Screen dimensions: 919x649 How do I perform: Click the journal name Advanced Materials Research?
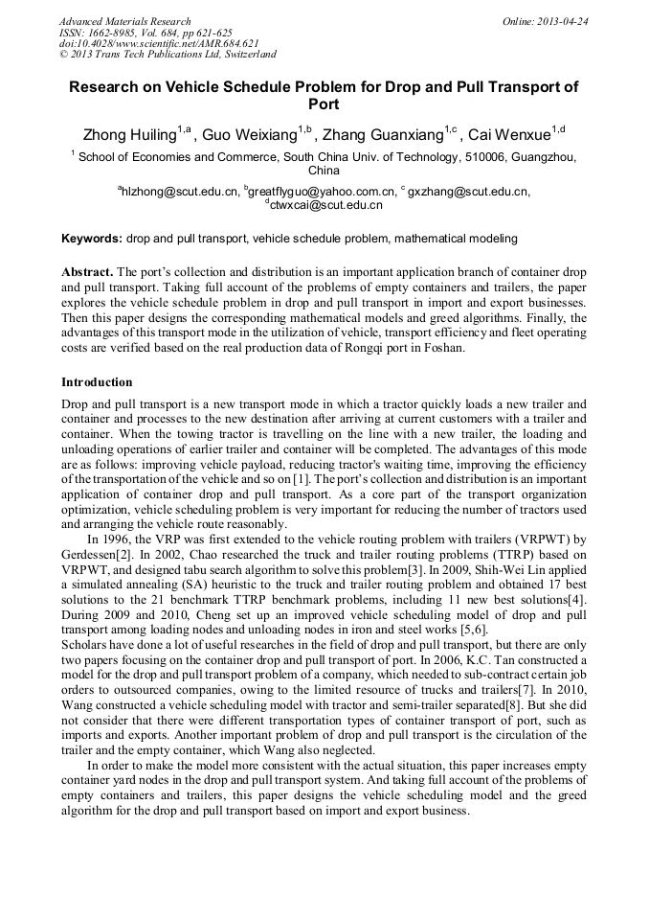click(x=124, y=21)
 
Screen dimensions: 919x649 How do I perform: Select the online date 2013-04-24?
click(x=546, y=21)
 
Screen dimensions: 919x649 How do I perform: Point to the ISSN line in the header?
click(x=145, y=33)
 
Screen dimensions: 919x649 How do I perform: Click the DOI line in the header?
click(x=159, y=44)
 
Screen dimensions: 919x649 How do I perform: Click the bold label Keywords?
click(x=92, y=238)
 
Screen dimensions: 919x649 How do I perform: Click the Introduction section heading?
click(x=97, y=382)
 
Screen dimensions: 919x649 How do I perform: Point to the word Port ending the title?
click(x=324, y=103)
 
